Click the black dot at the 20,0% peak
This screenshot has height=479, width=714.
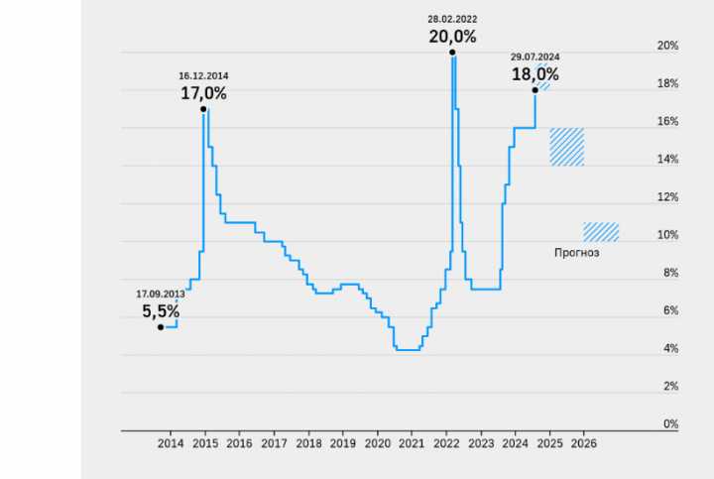point(452,53)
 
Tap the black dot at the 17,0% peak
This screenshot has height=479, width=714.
point(203,109)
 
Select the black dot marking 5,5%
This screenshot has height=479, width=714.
point(161,327)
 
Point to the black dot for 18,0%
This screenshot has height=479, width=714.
point(535,90)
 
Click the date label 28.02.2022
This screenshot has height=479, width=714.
point(452,19)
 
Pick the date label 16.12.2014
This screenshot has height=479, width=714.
point(203,75)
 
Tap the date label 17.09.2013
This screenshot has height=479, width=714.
point(161,294)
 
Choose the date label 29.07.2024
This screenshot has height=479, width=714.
point(535,58)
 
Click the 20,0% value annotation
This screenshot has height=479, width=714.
point(452,37)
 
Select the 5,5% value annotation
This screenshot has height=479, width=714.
point(161,311)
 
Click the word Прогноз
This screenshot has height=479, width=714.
point(576,253)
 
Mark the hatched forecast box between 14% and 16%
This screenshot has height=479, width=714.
point(566,147)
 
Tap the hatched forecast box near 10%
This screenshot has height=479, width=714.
point(601,232)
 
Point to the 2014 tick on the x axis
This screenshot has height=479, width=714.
point(171,444)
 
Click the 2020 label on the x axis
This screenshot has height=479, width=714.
point(378,444)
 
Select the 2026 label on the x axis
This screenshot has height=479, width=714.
point(584,444)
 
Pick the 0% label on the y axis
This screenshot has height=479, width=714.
point(670,424)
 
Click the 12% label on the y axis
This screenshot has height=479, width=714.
point(667,197)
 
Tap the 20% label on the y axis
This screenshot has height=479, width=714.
point(667,46)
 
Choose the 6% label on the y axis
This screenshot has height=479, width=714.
point(670,311)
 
